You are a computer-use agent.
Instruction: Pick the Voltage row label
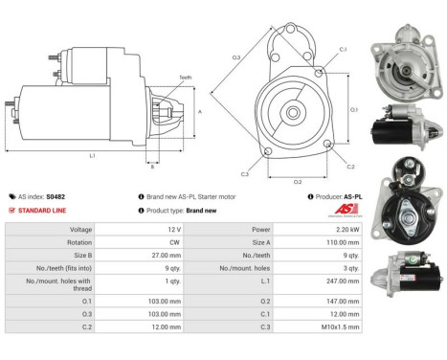(81, 231)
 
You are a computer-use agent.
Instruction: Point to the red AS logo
(351, 210)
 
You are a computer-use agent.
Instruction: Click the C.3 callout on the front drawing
(245, 173)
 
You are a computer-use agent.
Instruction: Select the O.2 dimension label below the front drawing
(298, 181)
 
